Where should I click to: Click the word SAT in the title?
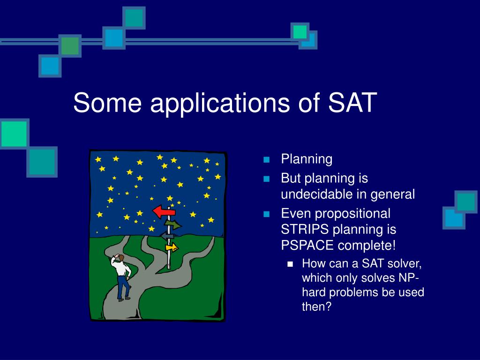click(x=352, y=102)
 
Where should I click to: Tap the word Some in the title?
click(x=107, y=102)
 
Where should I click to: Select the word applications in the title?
click(x=220, y=104)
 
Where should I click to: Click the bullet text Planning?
click(x=307, y=159)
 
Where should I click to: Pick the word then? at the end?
click(x=317, y=307)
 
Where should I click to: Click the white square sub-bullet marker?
click(x=290, y=264)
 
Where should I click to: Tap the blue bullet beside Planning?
click(x=267, y=159)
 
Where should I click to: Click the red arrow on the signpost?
click(x=164, y=211)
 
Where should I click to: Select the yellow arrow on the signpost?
click(x=172, y=247)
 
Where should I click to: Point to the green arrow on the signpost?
click(x=173, y=225)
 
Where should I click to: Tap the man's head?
click(x=121, y=258)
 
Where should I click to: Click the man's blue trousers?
click(x=124, y=287)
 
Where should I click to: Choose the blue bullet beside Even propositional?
click(x=267, y=214)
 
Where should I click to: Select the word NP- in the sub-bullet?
click(x=408, y=278)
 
